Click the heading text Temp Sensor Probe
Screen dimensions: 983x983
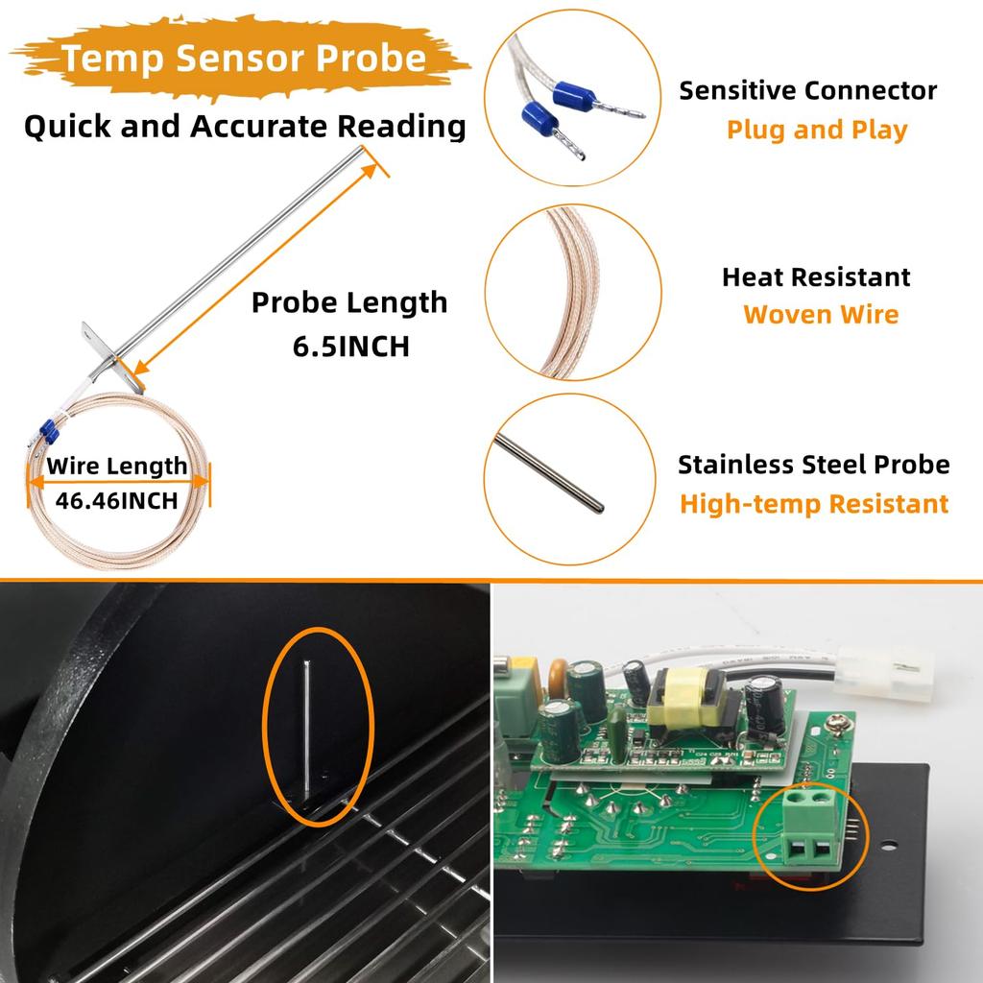pyautogui.click(x=245, y=59)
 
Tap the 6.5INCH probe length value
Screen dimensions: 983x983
pyautogui.click(x=350, y=347)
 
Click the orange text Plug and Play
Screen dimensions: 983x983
pyautogui.click(x=816, y=130)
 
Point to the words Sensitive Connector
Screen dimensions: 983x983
pyautogui.click(x=807, y=91)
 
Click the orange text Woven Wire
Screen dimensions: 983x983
pyautogui.click(x=821, y=315)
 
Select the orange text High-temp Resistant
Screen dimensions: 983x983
pyautogui.click(x=814, y=504)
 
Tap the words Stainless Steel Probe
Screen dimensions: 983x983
pyautogui.click(x=813, y=465)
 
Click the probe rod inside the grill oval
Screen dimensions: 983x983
pyautogui.click(x=305, y=730)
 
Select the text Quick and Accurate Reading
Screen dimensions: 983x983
pyautogui.click(x=245, y=127)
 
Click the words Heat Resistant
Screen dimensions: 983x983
pyautogui.click(x=816, y=277)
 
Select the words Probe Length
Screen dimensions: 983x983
pyautogui.click(x=349, y=302)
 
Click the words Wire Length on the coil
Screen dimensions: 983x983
pyautogui.click(x=117, y=467)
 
